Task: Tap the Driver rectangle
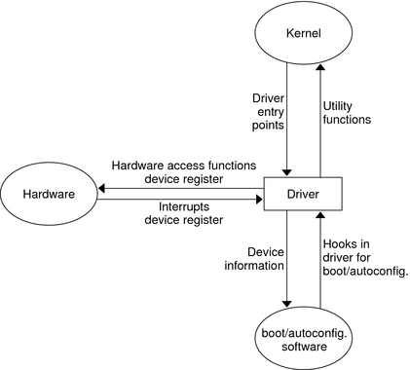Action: [x=301, y=195]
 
